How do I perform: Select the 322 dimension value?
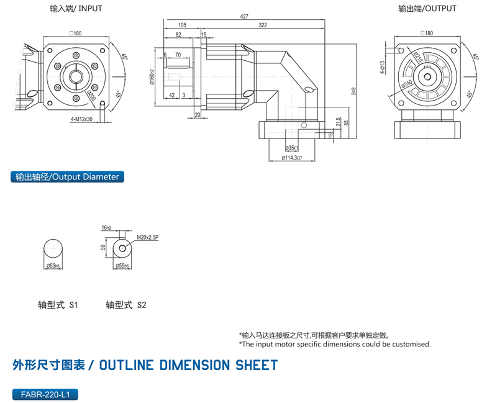click(x=263, y=25)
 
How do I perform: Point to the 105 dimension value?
click(x=182, y=25)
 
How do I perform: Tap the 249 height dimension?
click(x=353, y=91)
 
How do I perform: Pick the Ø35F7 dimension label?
click(x=291, y=148)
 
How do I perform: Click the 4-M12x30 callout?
click(x=81, y=119)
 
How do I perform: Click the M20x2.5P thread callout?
click(x=148, y=237)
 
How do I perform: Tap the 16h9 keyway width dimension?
click(x=107, y=228)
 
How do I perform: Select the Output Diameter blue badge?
click(x=68, y=177)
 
